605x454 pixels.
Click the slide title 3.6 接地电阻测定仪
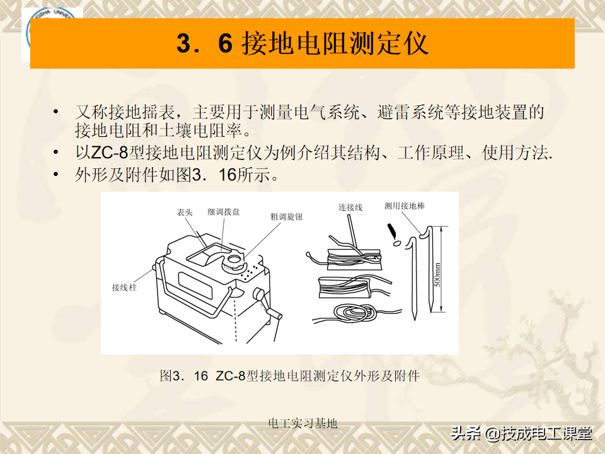point(302,44)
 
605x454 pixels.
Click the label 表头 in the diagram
point(185,213)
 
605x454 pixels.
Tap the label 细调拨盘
point(223,212)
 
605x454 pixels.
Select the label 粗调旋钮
point(285,216)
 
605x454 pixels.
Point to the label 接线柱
point(124,288)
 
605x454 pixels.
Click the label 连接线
point(350,207)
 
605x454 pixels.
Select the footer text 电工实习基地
point(302,423)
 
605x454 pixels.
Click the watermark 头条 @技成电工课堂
point(521,434)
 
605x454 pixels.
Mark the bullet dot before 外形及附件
point(57,175)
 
